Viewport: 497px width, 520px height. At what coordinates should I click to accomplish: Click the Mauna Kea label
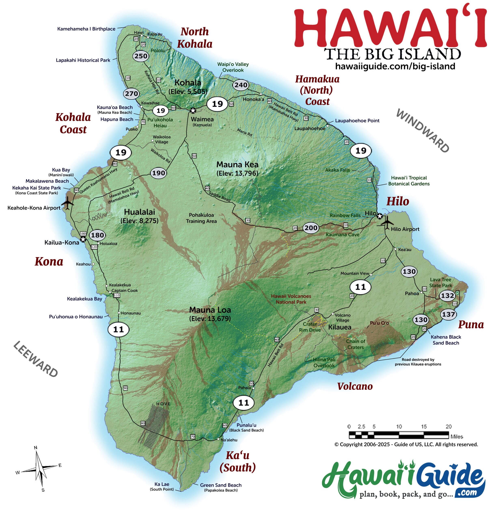[x=237, y=165]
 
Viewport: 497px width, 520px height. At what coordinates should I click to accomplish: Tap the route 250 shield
[x=141, y=56]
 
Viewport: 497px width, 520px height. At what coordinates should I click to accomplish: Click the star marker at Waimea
[x=193, y=110]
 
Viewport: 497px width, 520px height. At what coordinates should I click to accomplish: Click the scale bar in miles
[x=399, y=435]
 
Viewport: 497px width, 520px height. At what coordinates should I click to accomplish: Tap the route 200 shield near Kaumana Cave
[x=311, y=228]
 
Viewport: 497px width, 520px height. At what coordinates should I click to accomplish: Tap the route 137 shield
[x=448, y=314]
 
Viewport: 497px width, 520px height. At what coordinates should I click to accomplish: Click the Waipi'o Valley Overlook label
[x=233, y=67]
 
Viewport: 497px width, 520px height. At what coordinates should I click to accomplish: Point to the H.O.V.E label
[x=163, y=404]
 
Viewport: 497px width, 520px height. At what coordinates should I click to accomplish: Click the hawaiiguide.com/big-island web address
[x=395, y=66]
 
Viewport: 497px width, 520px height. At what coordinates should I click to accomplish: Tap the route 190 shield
[x=158, y=173]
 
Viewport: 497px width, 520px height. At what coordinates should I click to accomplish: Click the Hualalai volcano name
[x=139, y=212]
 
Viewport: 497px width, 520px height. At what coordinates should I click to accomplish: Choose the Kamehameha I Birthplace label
[x=86, y=29]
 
